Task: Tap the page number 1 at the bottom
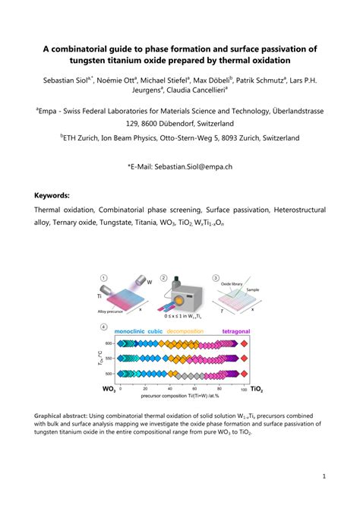tap(324, 476)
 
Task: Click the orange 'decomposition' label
tap(192, 331)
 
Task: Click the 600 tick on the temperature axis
tap(108, 344)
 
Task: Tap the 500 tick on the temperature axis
tap(108, 374)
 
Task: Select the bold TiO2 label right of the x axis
tap(257, 388)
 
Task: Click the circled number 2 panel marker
tap(174, 278)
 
